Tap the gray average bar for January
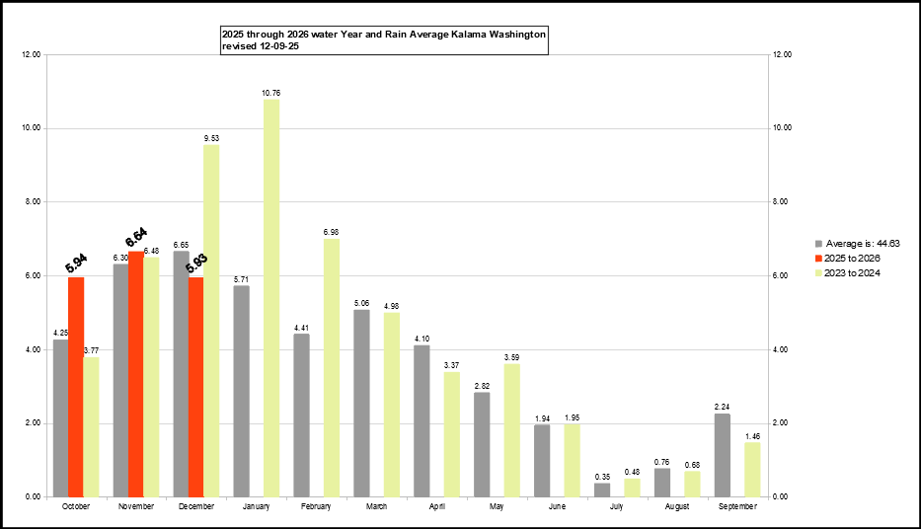coord(241,391)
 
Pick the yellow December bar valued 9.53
coord(211,321)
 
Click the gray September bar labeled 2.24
coord(723,455)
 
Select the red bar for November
coord(136,374)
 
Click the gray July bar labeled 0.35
coord(602,490)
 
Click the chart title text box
coord(384,39)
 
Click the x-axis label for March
coord(376,507)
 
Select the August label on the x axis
coord(677,507)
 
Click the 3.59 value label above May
coord(512,356)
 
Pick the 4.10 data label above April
coord(422,338)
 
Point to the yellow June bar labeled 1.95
coord(573,461)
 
